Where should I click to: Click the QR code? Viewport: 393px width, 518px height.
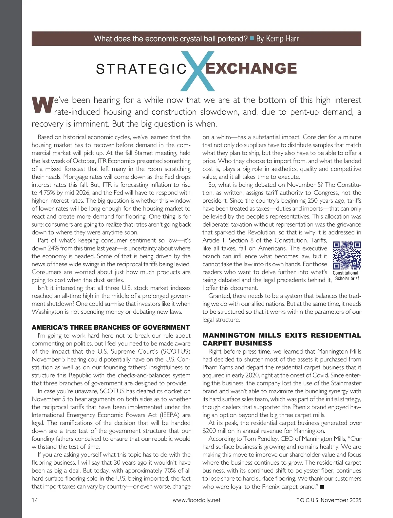click(347, 255)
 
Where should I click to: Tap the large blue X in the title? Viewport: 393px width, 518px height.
click(197, 71)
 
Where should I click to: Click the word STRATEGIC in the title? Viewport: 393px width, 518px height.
click(141, 69)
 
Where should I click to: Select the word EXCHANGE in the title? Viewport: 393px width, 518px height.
click(251, 68)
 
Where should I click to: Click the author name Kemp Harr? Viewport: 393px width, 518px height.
click(277, 39)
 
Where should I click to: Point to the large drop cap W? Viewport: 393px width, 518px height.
click(42, 105)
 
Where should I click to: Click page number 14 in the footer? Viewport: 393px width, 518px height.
click(35, 500)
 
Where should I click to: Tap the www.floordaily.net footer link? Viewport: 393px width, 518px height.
click(196, 500)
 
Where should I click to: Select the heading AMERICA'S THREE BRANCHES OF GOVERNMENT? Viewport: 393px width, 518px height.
click(111, 327)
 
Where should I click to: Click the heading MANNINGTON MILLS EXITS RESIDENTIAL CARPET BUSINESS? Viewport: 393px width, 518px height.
click(282, 339)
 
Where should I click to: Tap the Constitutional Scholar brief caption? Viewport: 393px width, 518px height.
click(347, 276)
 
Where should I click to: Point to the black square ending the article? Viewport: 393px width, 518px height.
click(322, 487)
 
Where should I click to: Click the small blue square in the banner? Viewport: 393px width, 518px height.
click(252, 38)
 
